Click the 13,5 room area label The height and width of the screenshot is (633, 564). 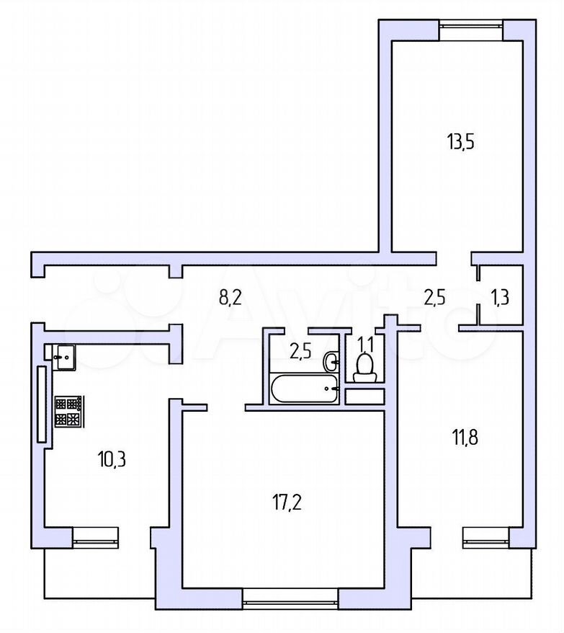tap(461, 143)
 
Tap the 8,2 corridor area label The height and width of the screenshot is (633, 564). tap(230, 298)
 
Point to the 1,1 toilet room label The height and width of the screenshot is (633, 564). tap(366, 345)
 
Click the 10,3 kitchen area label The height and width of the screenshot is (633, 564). tap(112, 459)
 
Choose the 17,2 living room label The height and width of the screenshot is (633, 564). tap(287, 503)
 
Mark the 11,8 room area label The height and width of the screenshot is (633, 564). tap(465, 438)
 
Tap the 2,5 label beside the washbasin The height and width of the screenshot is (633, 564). tap(301, 352)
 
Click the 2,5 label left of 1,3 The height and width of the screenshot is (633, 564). tap(434, 298)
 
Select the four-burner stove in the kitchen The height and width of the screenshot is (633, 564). tap(68, 411)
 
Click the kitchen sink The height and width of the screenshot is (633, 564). tap(63, 356)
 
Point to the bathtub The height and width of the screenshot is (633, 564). tap(304, 389)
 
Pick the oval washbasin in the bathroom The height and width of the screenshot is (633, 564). tap(331, 360)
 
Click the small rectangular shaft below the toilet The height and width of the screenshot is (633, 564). tap(364, 397)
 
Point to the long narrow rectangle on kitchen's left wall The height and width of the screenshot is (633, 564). tap(42, 404)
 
